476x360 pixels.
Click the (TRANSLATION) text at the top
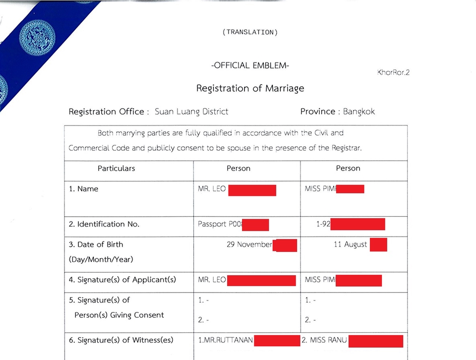(x=250, y=32)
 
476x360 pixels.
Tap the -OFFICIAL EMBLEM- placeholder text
(x=250, y=65)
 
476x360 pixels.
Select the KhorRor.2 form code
(x=393, y=72)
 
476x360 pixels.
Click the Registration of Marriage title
(x=250, y=88)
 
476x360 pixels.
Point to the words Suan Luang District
(x=191, y=112)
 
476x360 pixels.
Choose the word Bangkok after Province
(x=359, y=112)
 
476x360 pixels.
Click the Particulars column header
(x=116, y=169)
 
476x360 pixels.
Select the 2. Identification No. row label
(x=104, y=224)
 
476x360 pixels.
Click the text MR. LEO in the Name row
(x=212, y=189)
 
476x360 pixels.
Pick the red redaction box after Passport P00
(x=255, y=225)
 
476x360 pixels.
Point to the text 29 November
(x=249, y=244)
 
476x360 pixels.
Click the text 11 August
(x=350, y=244)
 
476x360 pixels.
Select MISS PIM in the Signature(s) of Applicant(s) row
(x=320, y=280)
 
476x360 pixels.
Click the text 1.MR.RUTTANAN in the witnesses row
(x=225, y=340)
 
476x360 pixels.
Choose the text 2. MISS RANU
(x=324, y=340)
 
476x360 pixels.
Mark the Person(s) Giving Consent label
(x=119, y=315)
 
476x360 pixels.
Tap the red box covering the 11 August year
(x=378, y=244)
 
